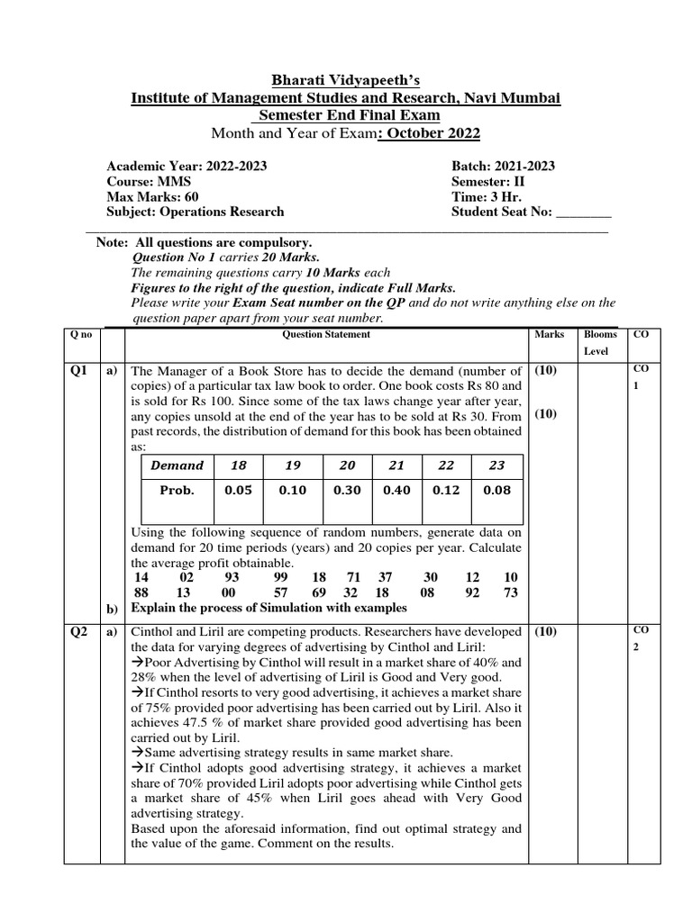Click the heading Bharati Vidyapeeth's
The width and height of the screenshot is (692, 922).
(346, 78)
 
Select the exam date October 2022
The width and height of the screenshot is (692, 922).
(431, 134)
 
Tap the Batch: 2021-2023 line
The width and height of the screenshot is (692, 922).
(503, 166)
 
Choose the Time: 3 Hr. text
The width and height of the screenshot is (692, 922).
(487, 196)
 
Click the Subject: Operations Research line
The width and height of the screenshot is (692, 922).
(195, 212)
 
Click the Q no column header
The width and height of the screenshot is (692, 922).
(81, 334)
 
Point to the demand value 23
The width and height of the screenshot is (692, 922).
(496, 466)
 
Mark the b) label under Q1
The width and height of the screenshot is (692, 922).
(114, 610)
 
